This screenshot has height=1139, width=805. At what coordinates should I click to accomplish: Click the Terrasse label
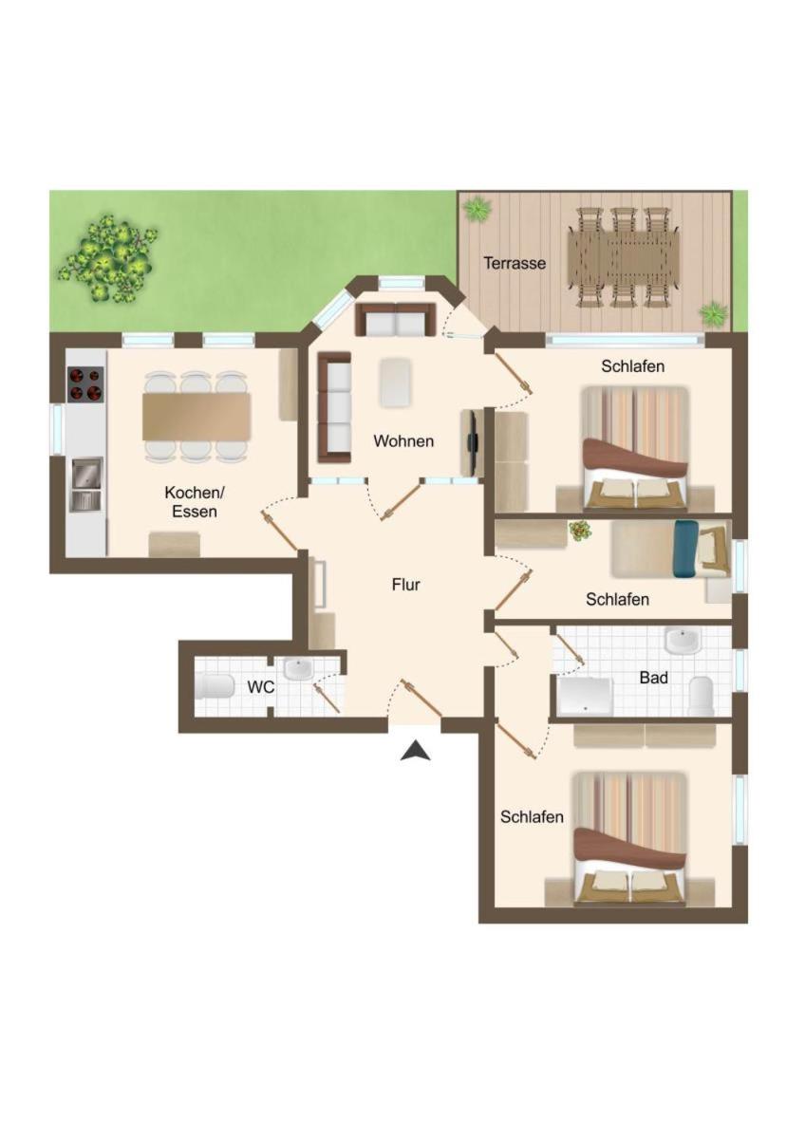[515, 264]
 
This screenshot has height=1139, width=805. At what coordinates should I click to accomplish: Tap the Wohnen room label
[403, 440]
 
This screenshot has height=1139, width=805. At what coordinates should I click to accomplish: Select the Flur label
[405, 585]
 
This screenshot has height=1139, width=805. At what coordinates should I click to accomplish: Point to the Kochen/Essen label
[195, 502]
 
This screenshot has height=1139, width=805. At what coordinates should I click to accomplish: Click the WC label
[261, 687]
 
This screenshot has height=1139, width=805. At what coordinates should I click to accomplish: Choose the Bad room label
[654, 678]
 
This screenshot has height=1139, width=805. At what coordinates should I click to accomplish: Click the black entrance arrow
[416, 751]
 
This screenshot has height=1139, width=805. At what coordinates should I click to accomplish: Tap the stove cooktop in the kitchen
[85, 384]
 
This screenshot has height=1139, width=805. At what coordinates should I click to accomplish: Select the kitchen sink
[87, 485]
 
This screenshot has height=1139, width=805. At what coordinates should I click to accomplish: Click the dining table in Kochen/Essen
[197, 417]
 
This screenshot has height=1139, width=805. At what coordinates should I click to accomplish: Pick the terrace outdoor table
[624, 257]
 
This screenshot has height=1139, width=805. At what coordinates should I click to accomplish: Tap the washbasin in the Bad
[683, 641]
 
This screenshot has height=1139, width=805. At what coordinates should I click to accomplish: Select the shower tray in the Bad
[585, 696]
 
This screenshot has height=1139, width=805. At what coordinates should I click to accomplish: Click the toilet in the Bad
[701, 696]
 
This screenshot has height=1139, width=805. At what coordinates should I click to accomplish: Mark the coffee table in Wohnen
[396, 383]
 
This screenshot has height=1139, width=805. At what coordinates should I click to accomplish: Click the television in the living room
[473, 443]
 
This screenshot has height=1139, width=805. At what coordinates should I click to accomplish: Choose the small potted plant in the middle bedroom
[580, 531]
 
